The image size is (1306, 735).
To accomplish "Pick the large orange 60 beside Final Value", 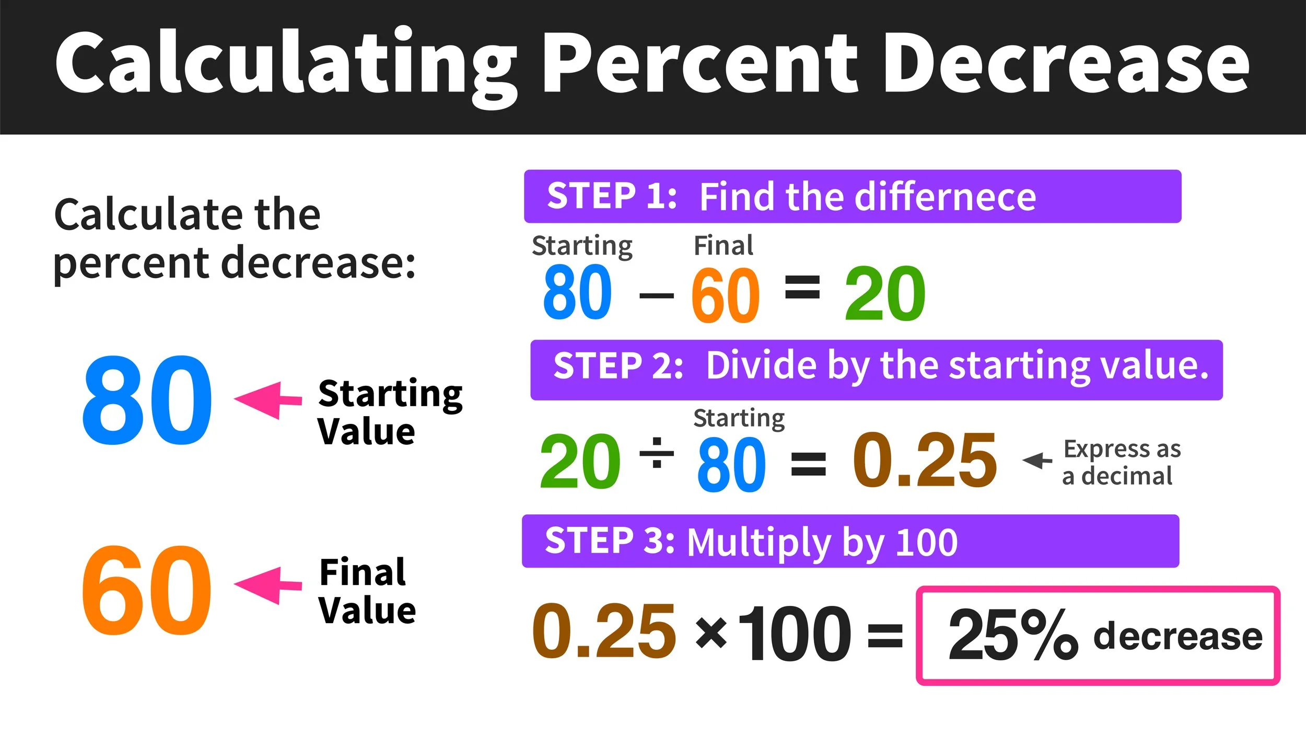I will tap(146, 590).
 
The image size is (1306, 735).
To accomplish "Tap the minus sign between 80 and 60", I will tap(656, 296).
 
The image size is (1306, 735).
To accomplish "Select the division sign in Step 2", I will tap(657, 452).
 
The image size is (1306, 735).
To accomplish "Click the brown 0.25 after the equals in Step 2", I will tap(925, 460).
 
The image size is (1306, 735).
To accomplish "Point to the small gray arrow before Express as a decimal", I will tap(1036, 461).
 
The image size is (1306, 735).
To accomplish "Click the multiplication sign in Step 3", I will tap(712, 632).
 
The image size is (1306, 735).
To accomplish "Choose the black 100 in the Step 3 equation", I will tap(795, 633).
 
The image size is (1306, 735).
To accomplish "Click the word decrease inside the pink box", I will tap(1177, 636).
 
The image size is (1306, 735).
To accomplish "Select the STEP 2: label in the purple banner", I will tap(618, 365).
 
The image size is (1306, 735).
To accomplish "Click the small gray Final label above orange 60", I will tap(723, 245).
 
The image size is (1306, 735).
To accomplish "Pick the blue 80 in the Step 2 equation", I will tap(731, 464).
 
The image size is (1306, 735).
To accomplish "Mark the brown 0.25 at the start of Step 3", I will tap(604, 631).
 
